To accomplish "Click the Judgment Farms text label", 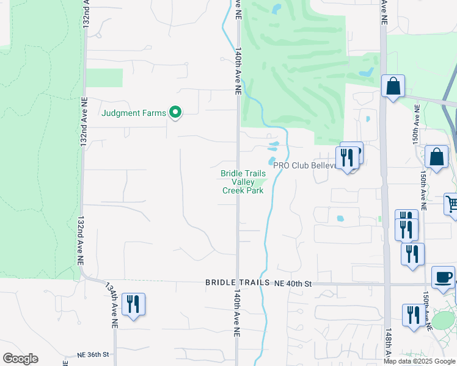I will coord(134,112).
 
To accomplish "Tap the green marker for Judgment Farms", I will coord(175,112).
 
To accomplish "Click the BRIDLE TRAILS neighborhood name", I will coord(237,282).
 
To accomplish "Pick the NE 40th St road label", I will coord(293,284).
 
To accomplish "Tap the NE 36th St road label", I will coord(93,354).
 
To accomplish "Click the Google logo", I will coord(20,358).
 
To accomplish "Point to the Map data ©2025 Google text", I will coord(419,361).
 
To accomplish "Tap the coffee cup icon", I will coord(443,277).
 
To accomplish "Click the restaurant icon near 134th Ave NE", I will coord(133,304).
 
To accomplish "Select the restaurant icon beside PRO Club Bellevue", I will coord(346,157).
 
